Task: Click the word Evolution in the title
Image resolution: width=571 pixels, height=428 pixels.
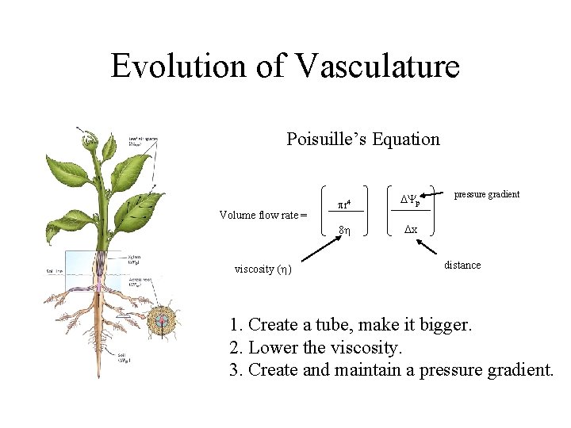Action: pyautogui.click(x=179, y=66)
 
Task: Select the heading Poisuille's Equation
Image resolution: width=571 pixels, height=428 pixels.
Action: pyautogui.click(x=362, y=139)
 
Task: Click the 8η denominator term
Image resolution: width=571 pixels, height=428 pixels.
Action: pyautogui.click(x=346, y=230)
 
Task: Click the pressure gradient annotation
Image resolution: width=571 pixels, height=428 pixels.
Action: pyautogui.click(x=486, y=194)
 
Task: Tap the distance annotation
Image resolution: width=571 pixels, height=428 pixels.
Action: pyautogui.click(x=462, y=265)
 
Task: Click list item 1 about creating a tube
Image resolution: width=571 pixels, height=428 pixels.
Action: pyautogui.click(x=350, y=325)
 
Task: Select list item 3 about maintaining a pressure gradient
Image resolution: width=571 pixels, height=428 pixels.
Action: pyautogui.click(x=391, y=369)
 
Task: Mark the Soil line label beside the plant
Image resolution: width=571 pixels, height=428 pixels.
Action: pyautogui.click(x=55, y=271)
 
